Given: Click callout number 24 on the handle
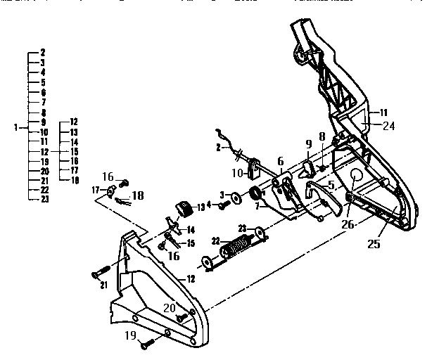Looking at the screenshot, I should click(388, 127).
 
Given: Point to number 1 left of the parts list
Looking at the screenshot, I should click(15, 127).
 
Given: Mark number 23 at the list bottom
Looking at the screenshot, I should click(44, 200).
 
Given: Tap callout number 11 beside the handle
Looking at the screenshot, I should click(384, 112).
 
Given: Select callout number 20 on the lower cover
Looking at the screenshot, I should click(170, 307).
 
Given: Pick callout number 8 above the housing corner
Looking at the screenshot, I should click(322, 139).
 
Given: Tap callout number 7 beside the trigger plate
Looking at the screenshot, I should click(258, 207).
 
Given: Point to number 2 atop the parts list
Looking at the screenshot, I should click(43, 53).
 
